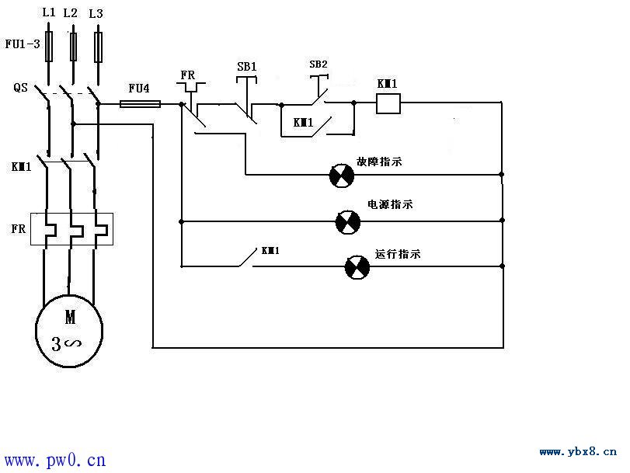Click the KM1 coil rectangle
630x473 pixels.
(x=388, y=103)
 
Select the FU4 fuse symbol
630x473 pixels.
(x=141, y=104)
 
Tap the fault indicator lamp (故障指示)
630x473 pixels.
(x=342, y=176)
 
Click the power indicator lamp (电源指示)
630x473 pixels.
(x=347, y=222)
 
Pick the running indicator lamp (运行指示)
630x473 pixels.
(x=357, y=267)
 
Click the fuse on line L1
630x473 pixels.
(x=49, y=47)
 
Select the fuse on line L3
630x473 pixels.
(x=98, y=47)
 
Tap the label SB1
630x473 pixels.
(x=246, y=67)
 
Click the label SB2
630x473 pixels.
(x=318, y=64)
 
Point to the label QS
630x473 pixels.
(x=20, y=87)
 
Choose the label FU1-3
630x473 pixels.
(x=23, y=43)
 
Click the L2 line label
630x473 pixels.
(x=70, y=13)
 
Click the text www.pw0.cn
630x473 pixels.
(x=55, y=460)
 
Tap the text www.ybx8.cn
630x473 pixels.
(x=578, y=452)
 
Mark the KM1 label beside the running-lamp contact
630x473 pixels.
(x=270, y=251)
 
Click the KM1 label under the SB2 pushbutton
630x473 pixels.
(x=303, y=122)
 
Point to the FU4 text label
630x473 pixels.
(x=139, y=89)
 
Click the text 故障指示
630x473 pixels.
(x=379, y=162)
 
